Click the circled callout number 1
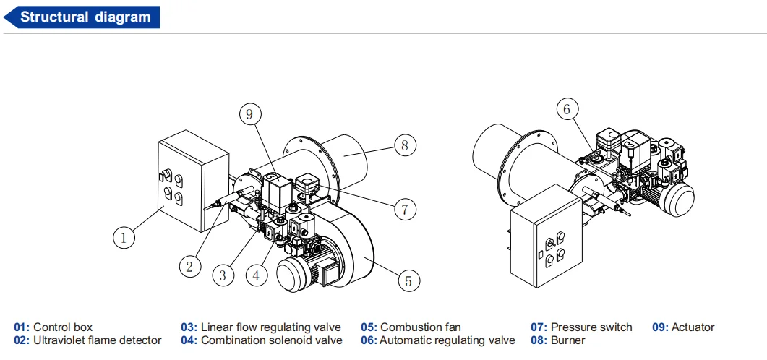point(124,238)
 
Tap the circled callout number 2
point(190,267)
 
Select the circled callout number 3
point(223,275)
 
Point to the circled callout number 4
point(257,275)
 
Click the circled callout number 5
point(408,280)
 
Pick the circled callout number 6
point(567,109)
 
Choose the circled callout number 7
point(405,209)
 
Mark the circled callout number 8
point(405,145)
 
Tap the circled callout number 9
point(250,114)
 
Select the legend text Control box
point(63,327)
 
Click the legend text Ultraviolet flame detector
point(98,340)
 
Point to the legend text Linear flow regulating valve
point(271,327)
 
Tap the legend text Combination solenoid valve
point(272,340)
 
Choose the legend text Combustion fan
point(421,327)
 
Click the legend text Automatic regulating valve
point(447,340)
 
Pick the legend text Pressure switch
point(591,327)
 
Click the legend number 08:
point(539,340)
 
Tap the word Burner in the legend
point(568,340)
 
